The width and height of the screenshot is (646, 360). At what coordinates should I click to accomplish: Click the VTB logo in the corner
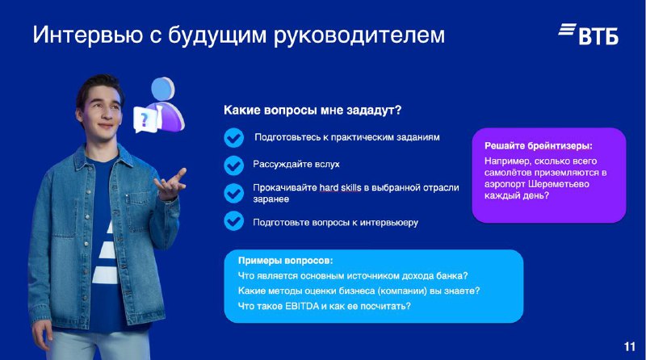pyautogui.click(x=589, y=34)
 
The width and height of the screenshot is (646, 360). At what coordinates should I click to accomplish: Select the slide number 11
pyautogui.click(x=630, y=347)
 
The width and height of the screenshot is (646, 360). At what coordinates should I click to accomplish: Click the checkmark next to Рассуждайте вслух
pyautogui.click(x=234, y=165)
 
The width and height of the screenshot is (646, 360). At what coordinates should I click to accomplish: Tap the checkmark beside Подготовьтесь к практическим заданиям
pyautogui.click(x=234, y=137)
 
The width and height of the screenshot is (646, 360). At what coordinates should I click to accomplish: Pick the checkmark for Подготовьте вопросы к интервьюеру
pyautogui.click(x=234, y=221)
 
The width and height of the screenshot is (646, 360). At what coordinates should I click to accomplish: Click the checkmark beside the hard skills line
pyautogui.click(x=234, y=193)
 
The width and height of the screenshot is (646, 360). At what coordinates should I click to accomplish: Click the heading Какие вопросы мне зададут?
pyautogui.click(x=313, y=111)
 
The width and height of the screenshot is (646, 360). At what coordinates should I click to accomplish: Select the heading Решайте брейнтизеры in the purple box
pyautogui.click(x=539, y=146)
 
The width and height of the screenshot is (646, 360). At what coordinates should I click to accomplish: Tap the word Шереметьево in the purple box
pyautogui.click(x=559, y=184)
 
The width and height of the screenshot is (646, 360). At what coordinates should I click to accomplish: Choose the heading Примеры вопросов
pyautogui.click(x=286, y=261)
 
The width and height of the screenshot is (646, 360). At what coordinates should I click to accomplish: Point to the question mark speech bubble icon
pyautogui.click(x=145, y=119)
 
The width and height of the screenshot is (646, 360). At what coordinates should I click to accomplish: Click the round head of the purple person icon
pyautogui.click(x=163, y=89)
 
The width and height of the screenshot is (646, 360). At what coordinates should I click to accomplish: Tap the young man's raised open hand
pyautogui.click(x=170, y=185)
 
